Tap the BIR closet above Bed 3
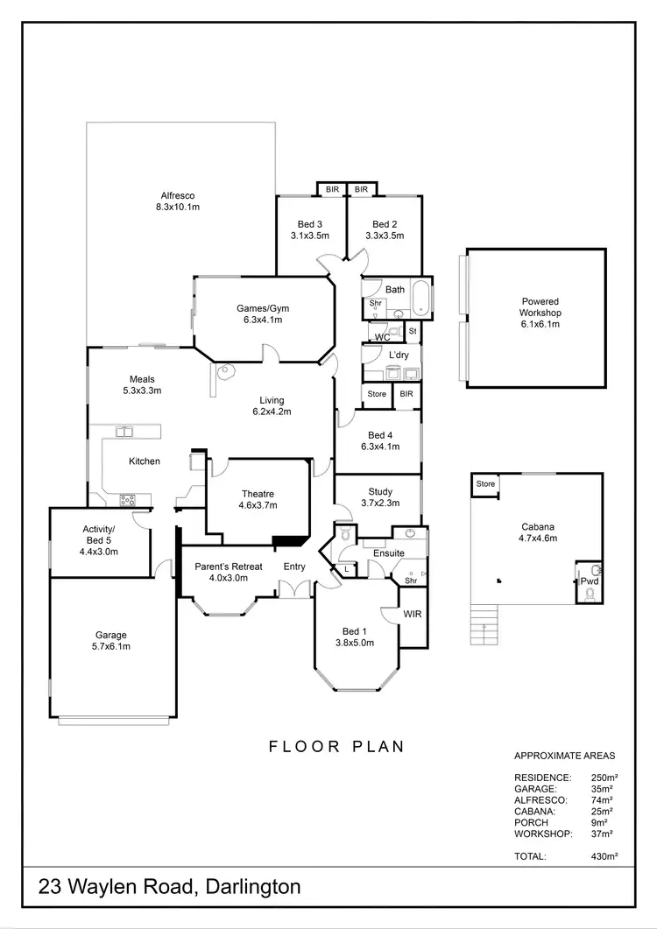pos(332,189)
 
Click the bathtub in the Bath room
pos(421,299)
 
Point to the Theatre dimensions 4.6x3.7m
pos(258,505)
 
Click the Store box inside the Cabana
pos(484,483)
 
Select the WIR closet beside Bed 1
pos(412,615)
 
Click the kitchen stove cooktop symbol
pos(128,501)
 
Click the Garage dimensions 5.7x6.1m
pos(111,647)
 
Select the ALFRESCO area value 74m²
pos(602,800)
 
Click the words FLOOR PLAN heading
pos(336,747)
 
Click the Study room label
pos(380,492)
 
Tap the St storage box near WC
pos(412,331)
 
